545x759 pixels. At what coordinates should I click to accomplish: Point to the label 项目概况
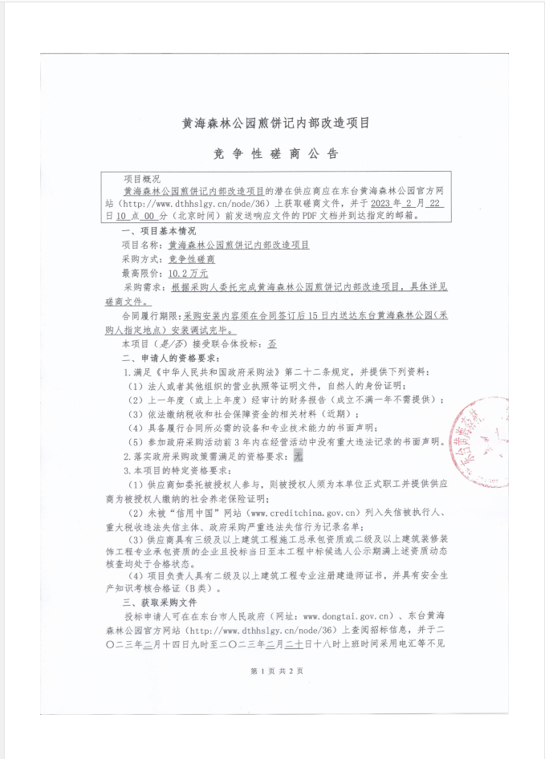click(x=141, y=179)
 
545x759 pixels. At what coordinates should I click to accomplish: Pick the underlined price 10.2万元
click(x=184, y=274)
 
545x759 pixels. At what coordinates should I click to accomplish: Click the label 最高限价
click(x=140, y=274)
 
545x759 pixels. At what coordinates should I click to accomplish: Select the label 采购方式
click(x=140, y=259)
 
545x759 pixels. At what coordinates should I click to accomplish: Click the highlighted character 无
click(x=298, y=455)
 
